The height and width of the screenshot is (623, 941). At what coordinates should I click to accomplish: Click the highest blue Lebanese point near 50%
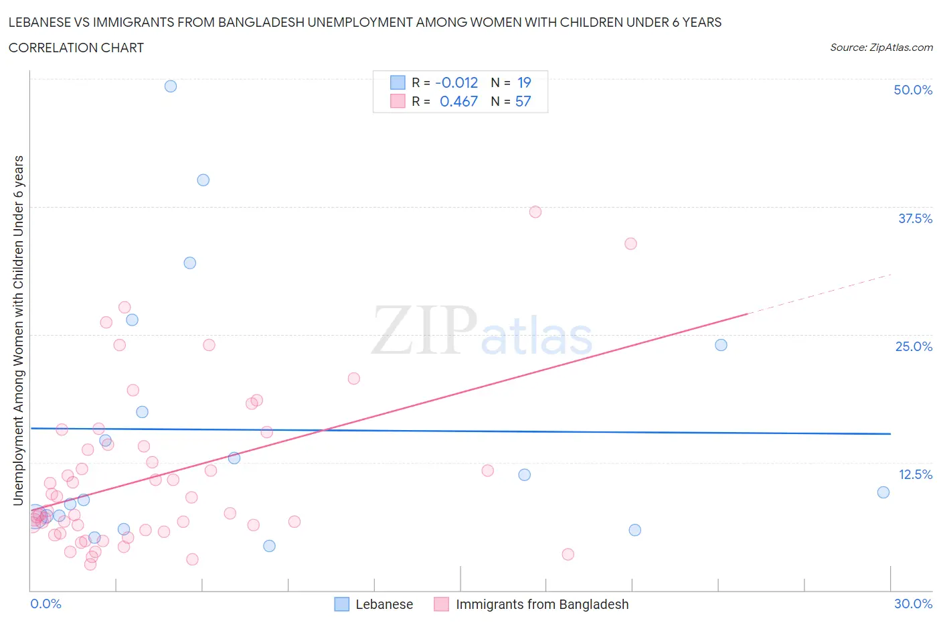click(x=171, y=86)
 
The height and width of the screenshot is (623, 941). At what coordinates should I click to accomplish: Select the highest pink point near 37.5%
click(x=535, y=212)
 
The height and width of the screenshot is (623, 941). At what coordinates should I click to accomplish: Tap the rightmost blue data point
click(x=883, y=492)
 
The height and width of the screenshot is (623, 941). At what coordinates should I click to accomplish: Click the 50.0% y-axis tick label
click(x=913, y=90)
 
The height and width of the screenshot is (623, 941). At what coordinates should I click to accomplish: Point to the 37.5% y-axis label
click(x=915, y=218)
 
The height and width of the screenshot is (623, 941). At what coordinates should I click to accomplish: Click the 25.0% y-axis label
click(x=914, y=346)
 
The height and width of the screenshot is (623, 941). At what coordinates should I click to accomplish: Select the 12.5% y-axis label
click(x=915, y=474)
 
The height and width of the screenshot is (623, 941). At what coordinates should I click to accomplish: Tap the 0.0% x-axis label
click(x=46, y=604)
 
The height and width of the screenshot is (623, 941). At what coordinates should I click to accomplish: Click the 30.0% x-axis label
click(x=913, y=604)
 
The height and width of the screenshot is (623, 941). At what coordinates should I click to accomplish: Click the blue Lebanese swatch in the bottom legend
click(x=342, y=604)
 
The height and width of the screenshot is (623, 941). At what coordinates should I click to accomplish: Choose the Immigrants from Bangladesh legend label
click(x=542, y=604)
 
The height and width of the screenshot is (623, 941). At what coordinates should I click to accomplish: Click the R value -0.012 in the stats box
click(x=456, y=82)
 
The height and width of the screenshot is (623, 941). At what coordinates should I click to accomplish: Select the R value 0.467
click(x=458, y=101)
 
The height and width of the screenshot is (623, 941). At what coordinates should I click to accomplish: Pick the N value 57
click(x=523, y=101)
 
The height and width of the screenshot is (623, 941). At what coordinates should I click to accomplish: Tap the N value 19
click(x=524, y=82)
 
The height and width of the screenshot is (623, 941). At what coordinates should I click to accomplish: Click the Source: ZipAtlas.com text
click(x=881, y=47)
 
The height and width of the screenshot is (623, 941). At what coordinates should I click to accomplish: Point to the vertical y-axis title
click(x=18, y=330)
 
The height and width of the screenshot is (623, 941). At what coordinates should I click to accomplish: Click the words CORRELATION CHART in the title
click(x=76, y=48)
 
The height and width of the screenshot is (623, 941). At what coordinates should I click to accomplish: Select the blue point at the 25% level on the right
click(x=721, y=345)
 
